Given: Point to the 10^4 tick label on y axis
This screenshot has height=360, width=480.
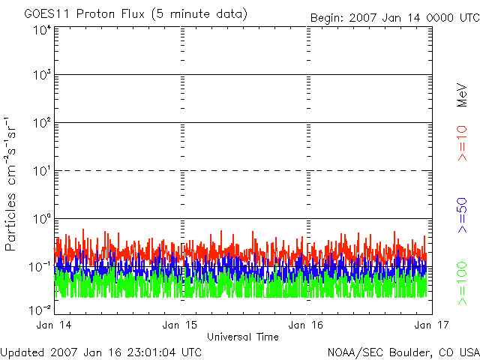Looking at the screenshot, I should pos(40,29).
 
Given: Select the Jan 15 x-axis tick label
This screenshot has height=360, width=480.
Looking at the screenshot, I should pos(181,325).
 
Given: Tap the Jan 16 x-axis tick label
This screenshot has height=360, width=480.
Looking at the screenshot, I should pos(307,325).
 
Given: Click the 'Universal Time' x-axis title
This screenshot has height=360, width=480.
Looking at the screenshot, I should pos(242,337).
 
